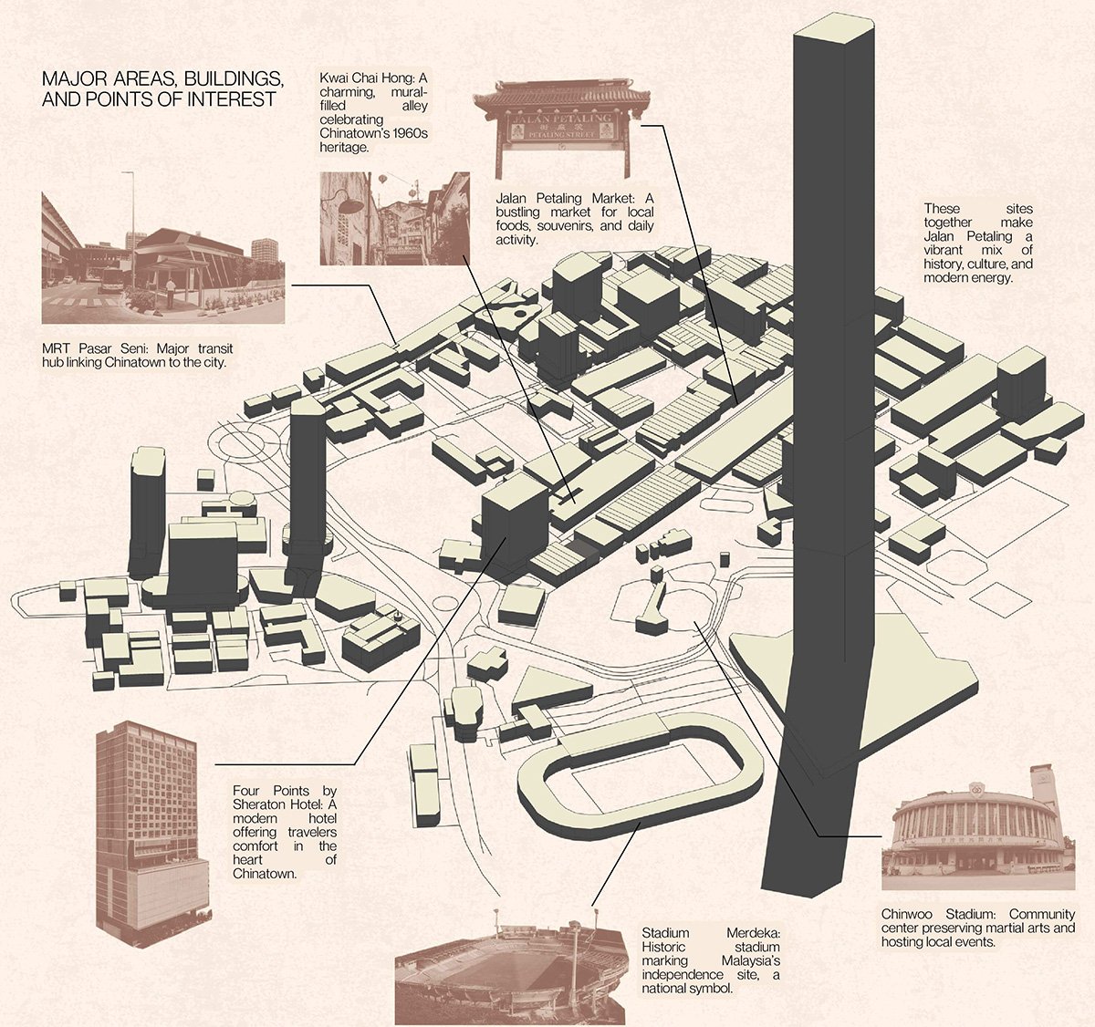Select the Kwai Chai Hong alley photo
394,219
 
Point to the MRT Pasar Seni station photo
163,258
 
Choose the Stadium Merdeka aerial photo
511,976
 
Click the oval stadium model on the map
639,775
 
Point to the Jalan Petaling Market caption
574,219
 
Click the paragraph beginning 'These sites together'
977,244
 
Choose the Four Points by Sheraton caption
284,832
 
